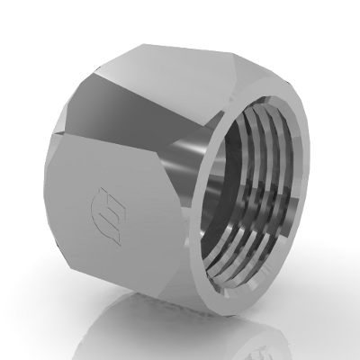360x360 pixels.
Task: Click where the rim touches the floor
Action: (x=270, y=304)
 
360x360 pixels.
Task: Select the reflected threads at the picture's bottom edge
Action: (x=270, y=351)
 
